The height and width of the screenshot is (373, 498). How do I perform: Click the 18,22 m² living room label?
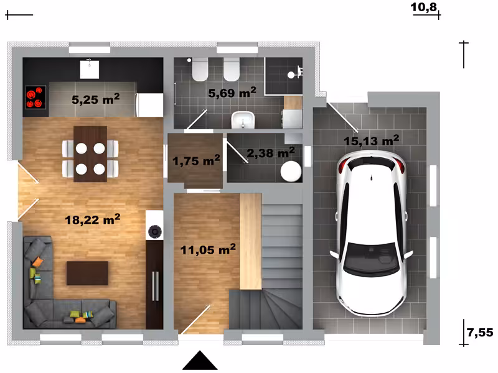(x=92, y=219)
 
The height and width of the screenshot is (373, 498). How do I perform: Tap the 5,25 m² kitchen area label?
(x=95, y=99)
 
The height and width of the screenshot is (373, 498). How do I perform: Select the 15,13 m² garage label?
(x=371, y=140)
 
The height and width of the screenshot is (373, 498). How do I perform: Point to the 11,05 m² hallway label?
(x=208, y=249)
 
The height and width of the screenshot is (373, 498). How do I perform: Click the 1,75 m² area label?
(x=196, y=160)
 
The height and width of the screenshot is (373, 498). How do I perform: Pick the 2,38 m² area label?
(x=271, y=152)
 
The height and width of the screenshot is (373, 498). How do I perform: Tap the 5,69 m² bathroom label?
(x=232, y=93)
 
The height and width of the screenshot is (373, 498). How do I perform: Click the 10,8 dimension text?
(x=424, y=7)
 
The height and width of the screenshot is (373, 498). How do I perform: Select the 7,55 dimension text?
(x=480, y=333)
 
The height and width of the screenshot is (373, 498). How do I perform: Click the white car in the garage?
(x=371, y=233)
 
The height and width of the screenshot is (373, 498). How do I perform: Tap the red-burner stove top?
(x=35, y=98)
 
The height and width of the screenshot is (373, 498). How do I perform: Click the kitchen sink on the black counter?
(x=89, y=70)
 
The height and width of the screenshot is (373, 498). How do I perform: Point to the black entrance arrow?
(x=200, y=361)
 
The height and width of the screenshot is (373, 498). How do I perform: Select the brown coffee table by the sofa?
(x=87, y=273)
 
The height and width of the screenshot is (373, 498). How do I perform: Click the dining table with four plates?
(x=90, y=154)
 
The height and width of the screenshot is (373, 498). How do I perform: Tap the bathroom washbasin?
(x=243, y=120)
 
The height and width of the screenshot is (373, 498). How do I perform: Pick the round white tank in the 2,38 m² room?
(x=291, y=172)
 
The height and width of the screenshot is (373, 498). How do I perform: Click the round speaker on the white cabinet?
(x=154, y=231)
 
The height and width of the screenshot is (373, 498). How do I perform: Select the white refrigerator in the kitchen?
(x=149, y=104)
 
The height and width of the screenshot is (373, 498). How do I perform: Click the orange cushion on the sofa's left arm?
(x=37, y=262)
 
